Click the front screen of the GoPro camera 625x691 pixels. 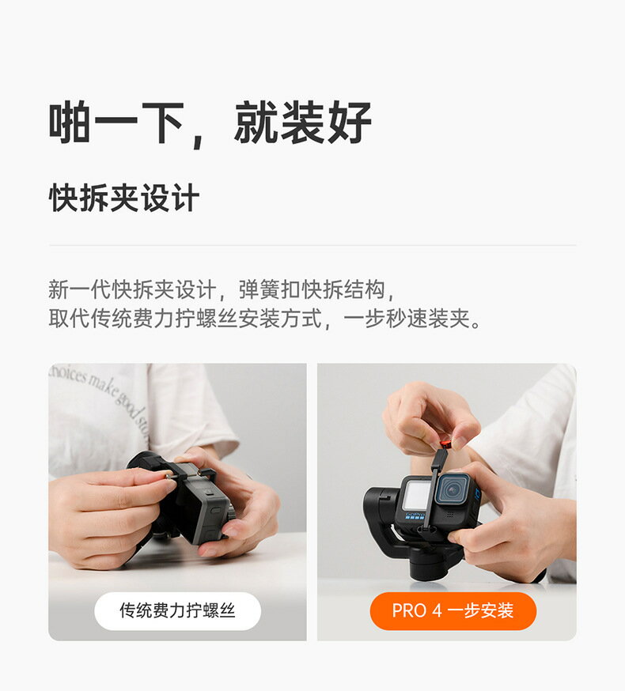416,497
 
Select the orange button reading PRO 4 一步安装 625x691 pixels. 453,610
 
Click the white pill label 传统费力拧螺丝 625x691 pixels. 177,610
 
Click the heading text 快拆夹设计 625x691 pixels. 123,198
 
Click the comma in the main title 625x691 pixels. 198,138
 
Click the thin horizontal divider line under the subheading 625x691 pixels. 312,245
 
